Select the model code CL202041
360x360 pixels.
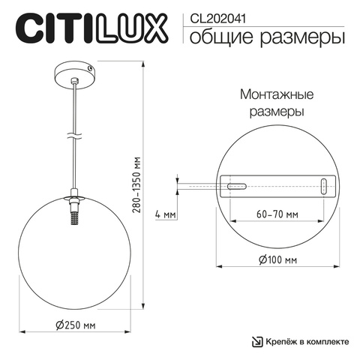(x=215, y=13)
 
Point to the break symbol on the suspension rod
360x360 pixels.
(x=74, y=137)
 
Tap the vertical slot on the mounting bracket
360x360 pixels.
(x=323, y=187)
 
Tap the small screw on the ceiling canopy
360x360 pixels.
(x=91, y=68)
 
